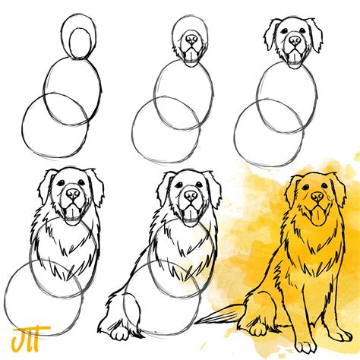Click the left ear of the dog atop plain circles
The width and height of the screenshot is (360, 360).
point(270,35)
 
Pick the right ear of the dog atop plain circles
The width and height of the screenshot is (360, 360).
point(315,35)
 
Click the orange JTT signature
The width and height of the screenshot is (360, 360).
point(22,336)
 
